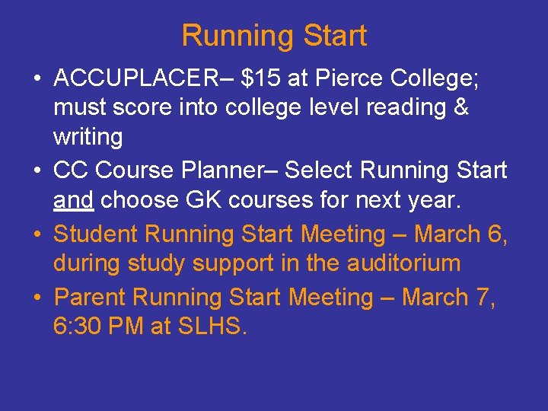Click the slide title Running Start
pyautogui.click(x=274, y=36)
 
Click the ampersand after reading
pyautogui.click(x=460, y=107)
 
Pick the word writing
pyautogui.click(x=88, y=137)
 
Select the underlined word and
pyautogui.click(x=73, y=200)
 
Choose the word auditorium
pyautogui.click(x=405, y=263)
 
